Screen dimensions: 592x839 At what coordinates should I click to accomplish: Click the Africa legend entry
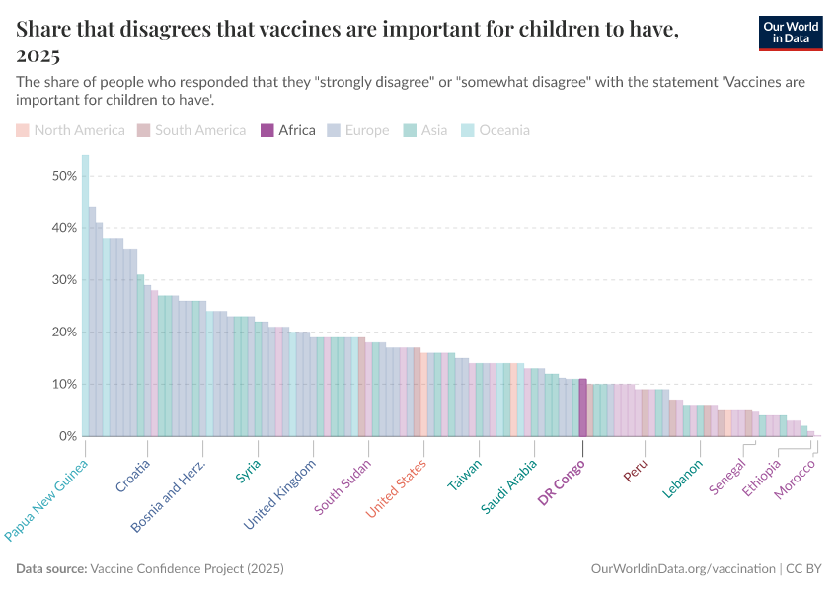(287, 130)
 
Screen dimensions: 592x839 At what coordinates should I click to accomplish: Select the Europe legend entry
(357, 130)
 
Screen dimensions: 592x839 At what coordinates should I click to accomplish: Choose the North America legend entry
(70, 130)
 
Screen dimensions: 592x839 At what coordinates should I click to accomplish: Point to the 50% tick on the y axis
(64, 176)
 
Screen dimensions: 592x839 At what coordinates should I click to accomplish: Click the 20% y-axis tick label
(64, 333)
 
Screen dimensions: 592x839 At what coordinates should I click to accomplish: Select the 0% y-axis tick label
(68, 436)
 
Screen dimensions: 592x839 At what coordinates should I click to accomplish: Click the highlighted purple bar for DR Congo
(583, 407)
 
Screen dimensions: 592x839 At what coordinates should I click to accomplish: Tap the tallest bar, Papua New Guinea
(85, 296)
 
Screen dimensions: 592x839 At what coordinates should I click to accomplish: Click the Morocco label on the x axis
(796, 479)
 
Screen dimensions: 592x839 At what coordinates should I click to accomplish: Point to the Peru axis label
(636, 470)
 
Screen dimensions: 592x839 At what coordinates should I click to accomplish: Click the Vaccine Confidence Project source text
(187, 569)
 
